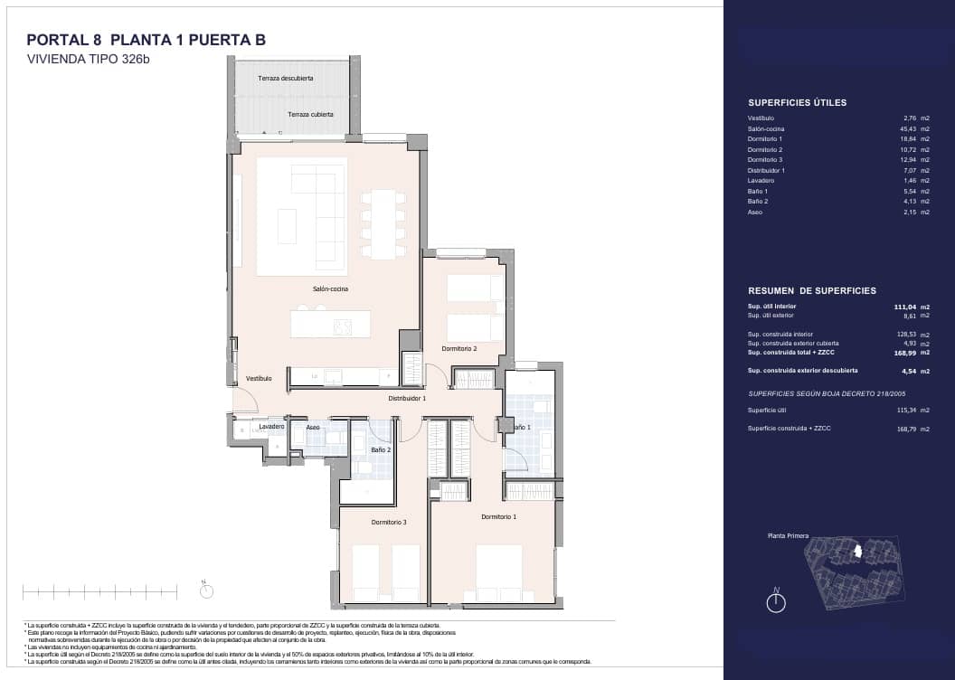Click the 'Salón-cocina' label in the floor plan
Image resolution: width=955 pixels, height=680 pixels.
(330, 289)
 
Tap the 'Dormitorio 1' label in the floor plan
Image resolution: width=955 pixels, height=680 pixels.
(498, 516)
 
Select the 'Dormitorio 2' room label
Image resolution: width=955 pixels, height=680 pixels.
(459, 348)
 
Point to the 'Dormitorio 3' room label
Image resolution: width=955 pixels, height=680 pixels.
(389, 522)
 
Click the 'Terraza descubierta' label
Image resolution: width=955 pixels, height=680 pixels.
(286, 79)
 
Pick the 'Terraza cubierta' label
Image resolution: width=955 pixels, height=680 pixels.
(310, 115)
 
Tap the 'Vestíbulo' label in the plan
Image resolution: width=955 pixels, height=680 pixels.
(258, 378)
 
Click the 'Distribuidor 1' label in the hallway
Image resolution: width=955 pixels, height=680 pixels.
(407, 398)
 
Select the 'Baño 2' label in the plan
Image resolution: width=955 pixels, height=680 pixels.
(381, 449)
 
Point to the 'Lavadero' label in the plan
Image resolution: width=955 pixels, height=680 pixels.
(271, 426)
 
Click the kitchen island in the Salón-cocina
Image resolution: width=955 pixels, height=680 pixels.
(330, 324)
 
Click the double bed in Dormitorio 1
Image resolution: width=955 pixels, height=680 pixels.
(498, 571)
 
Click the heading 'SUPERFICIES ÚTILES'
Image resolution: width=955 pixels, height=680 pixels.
(797, 103)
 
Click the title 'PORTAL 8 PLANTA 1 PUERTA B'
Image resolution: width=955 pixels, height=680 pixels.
(146, 40)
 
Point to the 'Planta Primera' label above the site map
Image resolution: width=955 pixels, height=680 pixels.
(788, 536)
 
